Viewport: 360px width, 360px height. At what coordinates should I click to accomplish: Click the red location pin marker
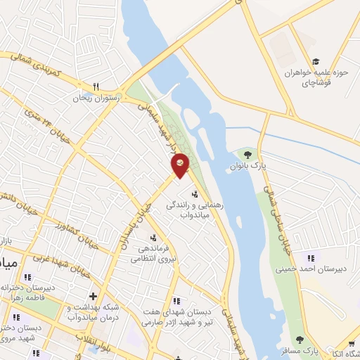(181, 165)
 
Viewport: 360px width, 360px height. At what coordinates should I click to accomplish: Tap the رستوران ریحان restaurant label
(98, 98)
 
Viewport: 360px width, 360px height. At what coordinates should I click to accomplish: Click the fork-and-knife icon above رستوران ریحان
(96, 86)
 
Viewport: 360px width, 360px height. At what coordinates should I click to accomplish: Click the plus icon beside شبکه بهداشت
(92, 296)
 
